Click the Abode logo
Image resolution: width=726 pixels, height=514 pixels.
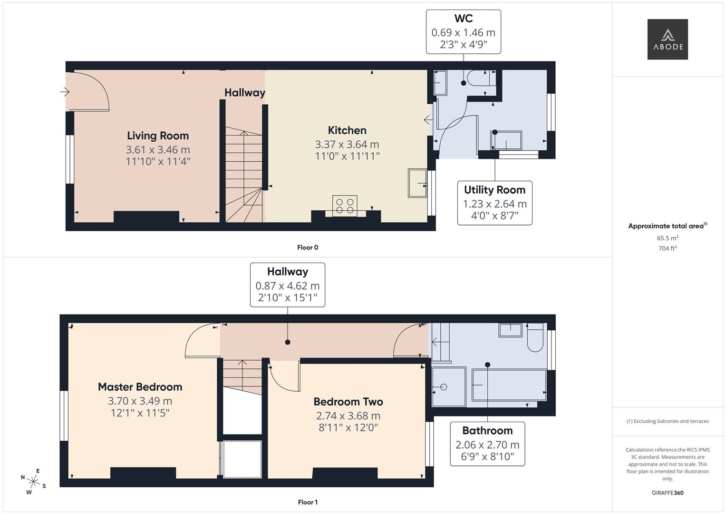pos(667,40)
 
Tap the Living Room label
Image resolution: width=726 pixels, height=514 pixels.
pos(158,136)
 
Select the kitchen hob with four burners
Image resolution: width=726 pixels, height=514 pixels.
pos(345,206)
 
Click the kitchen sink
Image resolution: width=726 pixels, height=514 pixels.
pos(417,183)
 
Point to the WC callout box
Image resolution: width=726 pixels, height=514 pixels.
pos(463,32)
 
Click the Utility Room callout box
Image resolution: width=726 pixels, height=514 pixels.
pos(494,203)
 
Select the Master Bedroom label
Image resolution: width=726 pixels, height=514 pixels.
pos(140,387)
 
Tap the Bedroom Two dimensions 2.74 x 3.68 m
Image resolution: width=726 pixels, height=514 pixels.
pos(348,415)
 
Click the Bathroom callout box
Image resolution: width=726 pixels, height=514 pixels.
pos(487,444)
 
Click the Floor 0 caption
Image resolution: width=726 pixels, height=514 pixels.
pos(308,247)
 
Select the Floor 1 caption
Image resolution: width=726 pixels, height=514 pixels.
pos(308,502)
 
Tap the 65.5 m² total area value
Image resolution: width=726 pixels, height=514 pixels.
pos(668,238)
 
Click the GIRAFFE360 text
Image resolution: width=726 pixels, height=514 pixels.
pos(667,493)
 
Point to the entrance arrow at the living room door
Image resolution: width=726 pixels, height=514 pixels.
pos(65,91)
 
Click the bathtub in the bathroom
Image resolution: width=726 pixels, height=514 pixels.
pos(509,385)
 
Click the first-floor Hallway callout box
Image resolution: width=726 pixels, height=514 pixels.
pos(288,285)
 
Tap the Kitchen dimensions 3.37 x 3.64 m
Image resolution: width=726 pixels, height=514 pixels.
pos(347,144)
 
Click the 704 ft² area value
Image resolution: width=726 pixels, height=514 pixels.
pos(668,248)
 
